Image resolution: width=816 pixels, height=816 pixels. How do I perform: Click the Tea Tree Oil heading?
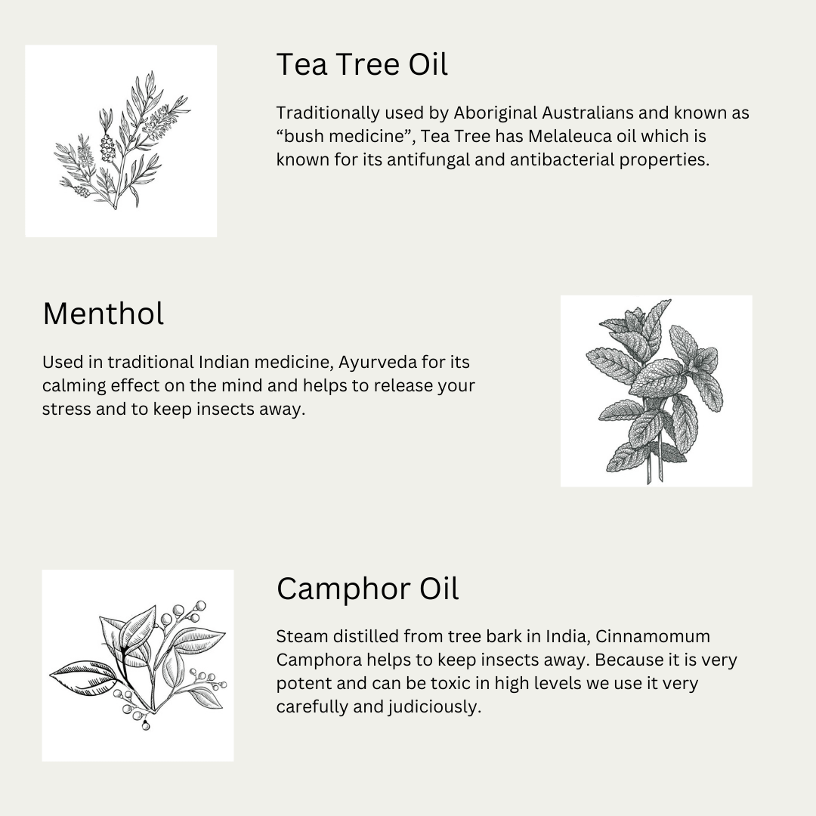click(x=362, y=64)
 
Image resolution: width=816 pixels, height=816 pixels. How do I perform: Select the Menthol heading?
click(x=103, y=314)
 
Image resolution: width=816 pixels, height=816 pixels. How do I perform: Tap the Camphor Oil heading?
click(x=367, y=589)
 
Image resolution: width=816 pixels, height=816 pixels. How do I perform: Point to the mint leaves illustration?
click(x=656, y=391)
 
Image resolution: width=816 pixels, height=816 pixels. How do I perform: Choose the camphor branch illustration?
click(x=138, y=666)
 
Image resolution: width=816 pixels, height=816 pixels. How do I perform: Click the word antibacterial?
click(x=561, y=159)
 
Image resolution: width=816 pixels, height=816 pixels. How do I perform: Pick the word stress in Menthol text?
click(x=66, y=410)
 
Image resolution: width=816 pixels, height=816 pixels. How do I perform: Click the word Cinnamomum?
click(x=653, y=636)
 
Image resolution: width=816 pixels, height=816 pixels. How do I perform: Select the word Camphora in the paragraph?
click(x=319, y=660)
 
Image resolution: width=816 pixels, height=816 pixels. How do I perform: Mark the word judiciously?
click(x=434, y=706)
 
